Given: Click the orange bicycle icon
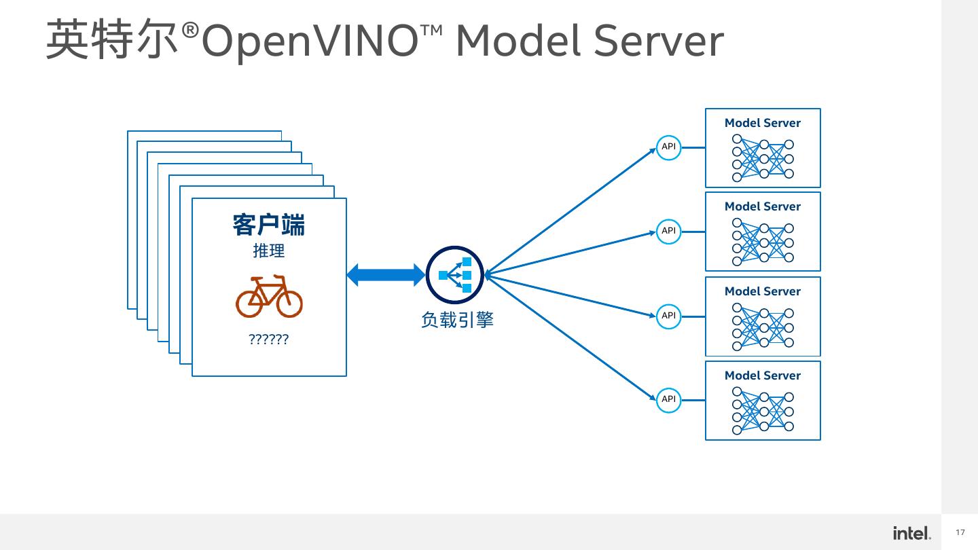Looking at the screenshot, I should tap(269, 297).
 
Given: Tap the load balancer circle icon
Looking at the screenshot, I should tap(454, 275).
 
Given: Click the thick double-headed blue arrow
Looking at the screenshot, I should tap(385, 275).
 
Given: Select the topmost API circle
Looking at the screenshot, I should tap(668, 147).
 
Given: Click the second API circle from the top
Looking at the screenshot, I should tap(668, 231).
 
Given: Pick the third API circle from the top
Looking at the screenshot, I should tap(668, 316).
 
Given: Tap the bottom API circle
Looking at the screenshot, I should tap(668, 399).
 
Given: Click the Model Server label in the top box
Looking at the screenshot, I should tap(762, 123).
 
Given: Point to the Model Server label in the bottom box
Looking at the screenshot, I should tap(762, 375).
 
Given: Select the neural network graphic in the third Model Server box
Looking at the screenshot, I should tap(763, 327).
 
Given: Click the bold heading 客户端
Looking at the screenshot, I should tap(269, 225).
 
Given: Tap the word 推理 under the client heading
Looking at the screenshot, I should tap(269, 251).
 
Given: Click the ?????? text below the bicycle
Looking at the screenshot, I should tap(269, 340).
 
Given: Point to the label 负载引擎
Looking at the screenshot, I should tap(456, 320).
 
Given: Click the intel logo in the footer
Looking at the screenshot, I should tap(911, 533).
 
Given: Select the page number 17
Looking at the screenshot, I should tap(960, 532).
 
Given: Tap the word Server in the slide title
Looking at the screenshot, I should tap(658, 41).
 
